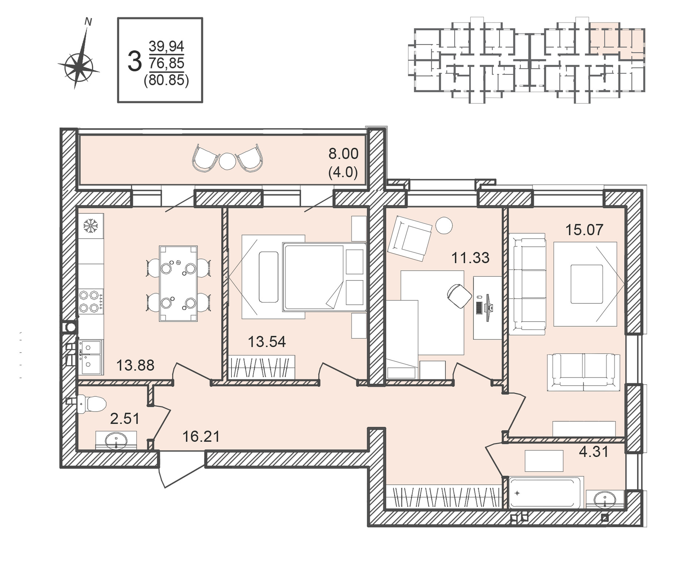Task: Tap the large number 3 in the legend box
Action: [x=135, y=62]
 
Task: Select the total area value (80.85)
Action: [x=167, y=80]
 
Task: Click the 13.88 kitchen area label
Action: [x=135, y=365]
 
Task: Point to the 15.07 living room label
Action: [x=584, y=230]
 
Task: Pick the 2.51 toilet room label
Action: [x=125, y=419]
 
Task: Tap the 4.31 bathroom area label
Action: [x=594, y=452]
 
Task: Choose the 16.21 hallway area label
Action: [x=201, y=436]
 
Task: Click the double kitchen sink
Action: [x=90, y=357]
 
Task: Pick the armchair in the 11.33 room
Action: [x=409, y=239]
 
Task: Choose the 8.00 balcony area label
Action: [x=343, y=154]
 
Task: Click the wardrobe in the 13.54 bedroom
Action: [x=261, y=367]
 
